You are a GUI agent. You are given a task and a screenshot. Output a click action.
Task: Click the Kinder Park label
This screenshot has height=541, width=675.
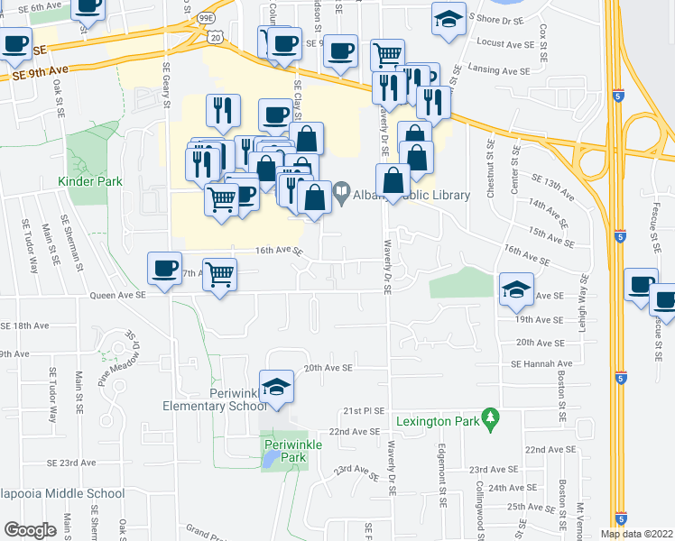(x=89, y=181)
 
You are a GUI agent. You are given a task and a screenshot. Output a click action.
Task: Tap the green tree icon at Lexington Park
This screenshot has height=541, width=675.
(x=491, y=418)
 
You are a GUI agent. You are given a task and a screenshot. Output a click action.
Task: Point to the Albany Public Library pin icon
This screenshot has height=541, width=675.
(x=342, y=193)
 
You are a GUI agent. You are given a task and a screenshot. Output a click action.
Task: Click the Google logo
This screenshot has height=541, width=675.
(x=31, y=530)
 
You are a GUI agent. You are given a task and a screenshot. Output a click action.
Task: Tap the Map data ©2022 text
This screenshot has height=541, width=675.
(x=636, y=534)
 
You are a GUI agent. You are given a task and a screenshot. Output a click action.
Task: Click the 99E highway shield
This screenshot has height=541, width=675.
(x=206, y=17)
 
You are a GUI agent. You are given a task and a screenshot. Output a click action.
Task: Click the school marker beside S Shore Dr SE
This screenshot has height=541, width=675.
(x=448, y=20)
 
